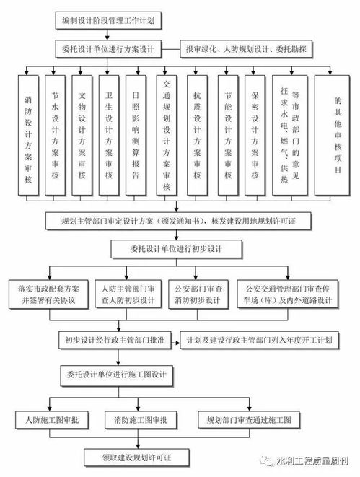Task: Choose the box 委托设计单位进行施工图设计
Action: point(118,375)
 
